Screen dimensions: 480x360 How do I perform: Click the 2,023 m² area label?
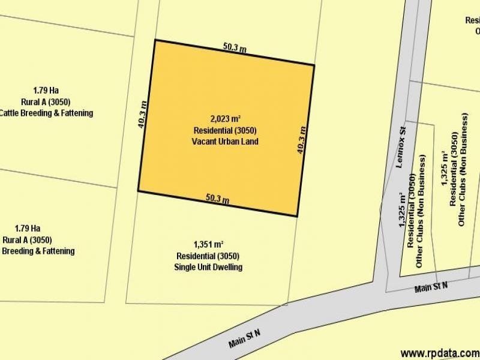click(226, 119)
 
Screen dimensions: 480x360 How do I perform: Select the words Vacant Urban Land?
click(226, 141)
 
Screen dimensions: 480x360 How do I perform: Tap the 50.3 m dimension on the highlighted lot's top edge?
click(235, 48)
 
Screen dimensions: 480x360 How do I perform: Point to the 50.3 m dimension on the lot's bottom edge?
click(218, 198)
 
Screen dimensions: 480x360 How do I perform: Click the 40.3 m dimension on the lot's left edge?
click(142, 115)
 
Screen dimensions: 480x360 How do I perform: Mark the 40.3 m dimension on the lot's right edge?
click(302, 140)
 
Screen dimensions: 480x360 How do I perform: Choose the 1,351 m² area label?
click(208, 245)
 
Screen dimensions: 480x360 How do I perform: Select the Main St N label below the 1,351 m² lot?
click(244, 338)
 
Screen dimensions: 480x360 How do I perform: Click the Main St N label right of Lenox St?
click(431, 287)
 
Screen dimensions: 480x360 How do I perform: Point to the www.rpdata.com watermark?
click(440, 353)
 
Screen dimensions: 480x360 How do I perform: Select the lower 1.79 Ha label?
click(28, 228)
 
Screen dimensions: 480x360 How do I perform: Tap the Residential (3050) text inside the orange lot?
click(226, 130)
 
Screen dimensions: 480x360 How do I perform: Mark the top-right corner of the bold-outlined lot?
click(314, 65)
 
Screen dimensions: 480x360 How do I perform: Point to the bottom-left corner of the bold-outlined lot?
click(139, 191)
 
